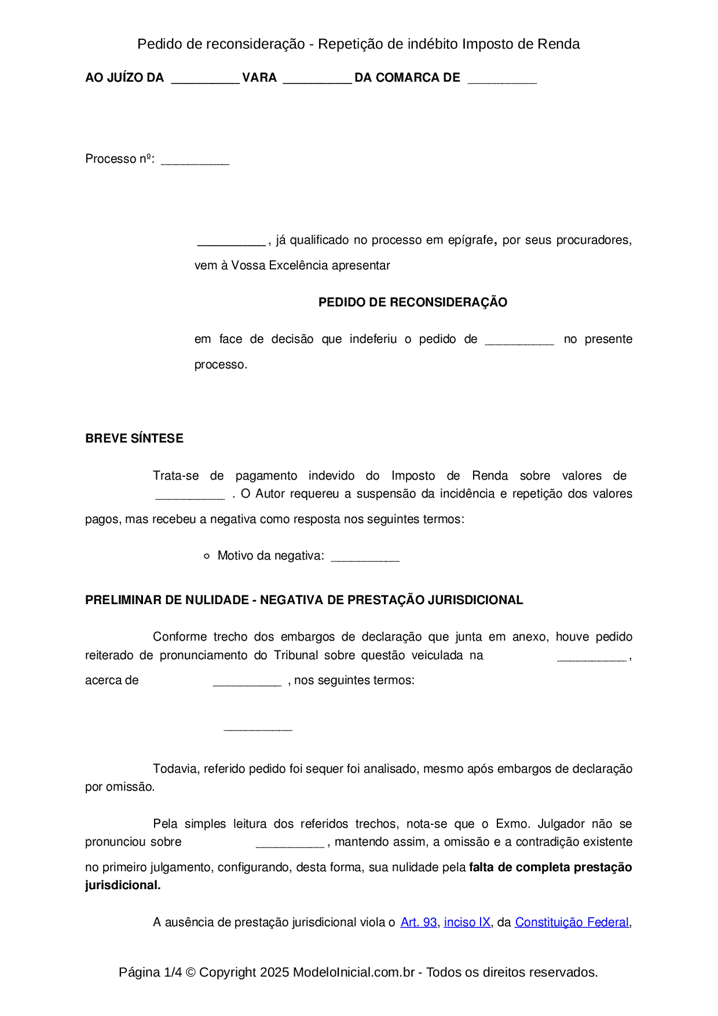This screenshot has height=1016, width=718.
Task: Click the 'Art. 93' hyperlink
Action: coord(418,922)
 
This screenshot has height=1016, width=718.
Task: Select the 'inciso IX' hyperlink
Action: coord(467,922)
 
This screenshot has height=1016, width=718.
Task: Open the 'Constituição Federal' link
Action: coord(572,922)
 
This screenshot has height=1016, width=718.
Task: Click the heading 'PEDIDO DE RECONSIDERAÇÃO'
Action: coord(412,302)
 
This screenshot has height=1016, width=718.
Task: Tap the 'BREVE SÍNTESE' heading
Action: coord(134,438)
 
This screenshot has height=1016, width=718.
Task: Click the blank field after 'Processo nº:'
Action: coord(195,160)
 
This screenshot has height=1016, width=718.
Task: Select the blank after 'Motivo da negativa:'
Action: coord(365,557)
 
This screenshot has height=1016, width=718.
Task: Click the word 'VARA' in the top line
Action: coord(259,78)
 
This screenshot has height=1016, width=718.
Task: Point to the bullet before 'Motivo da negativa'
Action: coord(207,556)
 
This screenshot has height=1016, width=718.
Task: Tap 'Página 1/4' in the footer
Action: coord(150,972)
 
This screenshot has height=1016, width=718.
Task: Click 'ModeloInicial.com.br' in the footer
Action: coord(353,972)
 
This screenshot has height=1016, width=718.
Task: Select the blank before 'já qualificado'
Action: coord(231,242)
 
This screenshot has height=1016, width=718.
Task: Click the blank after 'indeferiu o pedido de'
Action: coord(519,341)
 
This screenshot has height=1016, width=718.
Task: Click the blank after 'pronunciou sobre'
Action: coord(290,843)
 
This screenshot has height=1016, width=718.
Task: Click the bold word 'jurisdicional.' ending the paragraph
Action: coord(123,885)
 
